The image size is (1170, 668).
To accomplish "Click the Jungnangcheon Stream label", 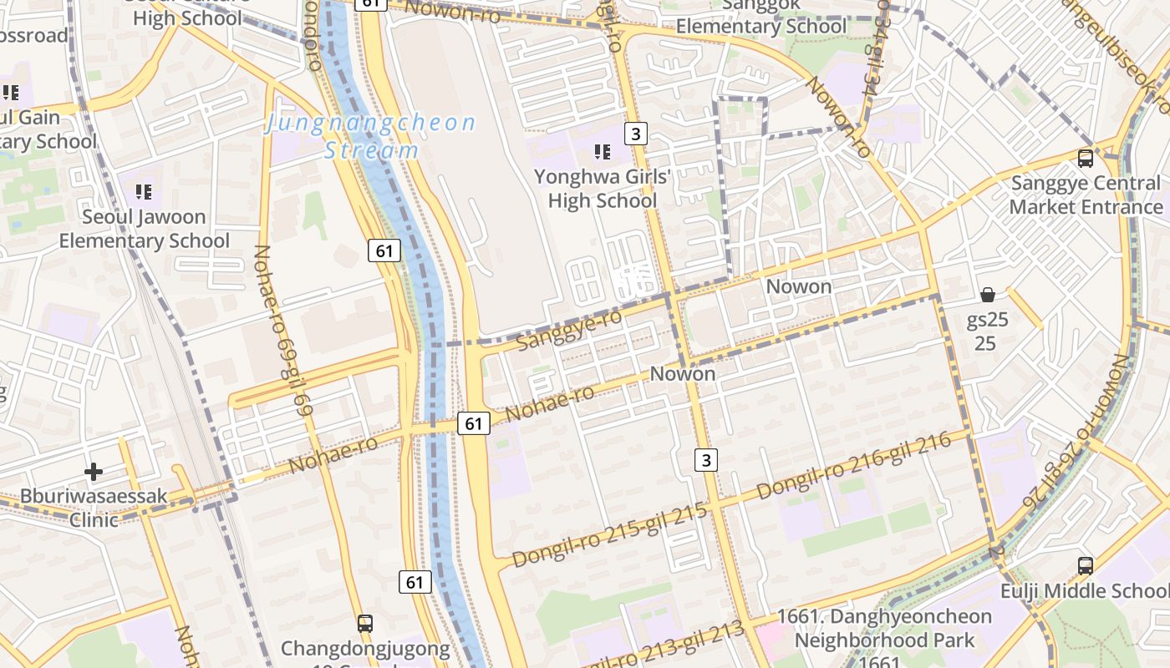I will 370,137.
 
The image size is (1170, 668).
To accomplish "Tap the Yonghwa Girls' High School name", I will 603,189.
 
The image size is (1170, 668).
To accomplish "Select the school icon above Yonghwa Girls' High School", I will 602,151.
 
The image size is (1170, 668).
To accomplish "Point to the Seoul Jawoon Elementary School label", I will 144,229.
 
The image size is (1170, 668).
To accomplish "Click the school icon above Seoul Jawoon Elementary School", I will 144,192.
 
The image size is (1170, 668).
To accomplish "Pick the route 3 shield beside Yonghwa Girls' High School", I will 637,133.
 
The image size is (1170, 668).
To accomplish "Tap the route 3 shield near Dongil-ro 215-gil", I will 706,459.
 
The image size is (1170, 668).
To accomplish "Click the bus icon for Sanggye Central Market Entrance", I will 1085,158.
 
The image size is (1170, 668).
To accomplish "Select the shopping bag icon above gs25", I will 987,295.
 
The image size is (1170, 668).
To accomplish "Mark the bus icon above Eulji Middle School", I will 1085,565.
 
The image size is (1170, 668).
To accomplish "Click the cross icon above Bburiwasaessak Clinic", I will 94,472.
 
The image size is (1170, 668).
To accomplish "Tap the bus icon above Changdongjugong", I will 365,623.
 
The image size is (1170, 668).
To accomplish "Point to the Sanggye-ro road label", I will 569,331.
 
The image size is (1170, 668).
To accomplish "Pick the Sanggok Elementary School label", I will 760,17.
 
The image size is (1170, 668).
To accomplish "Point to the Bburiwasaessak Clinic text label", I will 94,508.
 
